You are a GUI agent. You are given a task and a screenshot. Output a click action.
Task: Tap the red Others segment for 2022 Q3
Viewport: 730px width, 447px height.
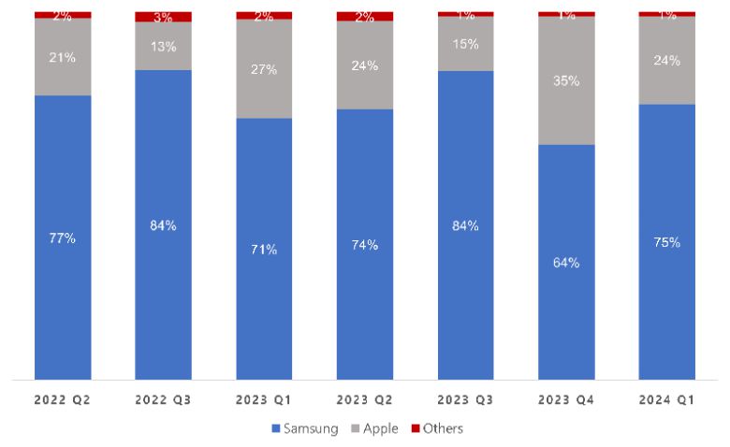point(163,17)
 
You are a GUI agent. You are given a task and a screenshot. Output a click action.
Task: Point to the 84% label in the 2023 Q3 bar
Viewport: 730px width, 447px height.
point(465,225)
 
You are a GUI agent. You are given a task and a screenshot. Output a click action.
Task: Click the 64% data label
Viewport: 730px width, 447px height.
point(566,263)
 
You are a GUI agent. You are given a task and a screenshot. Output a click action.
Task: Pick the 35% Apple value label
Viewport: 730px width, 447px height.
point(566,81)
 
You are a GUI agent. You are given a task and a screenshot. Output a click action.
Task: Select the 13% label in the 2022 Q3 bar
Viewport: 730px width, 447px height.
point(163,47)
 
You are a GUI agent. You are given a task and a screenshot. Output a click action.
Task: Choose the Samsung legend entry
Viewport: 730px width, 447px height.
point(304,428)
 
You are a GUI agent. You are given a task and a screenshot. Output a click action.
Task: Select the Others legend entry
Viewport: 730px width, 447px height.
point(436,428)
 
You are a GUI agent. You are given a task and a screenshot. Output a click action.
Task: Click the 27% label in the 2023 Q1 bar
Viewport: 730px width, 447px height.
point(264,69)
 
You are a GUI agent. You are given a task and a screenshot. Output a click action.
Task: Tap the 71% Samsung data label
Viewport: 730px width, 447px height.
point(264,250)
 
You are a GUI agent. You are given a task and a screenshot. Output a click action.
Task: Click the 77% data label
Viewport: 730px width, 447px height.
point(63,238)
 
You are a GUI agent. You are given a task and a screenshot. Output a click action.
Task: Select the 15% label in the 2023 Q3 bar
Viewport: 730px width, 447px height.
point(465,44)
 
